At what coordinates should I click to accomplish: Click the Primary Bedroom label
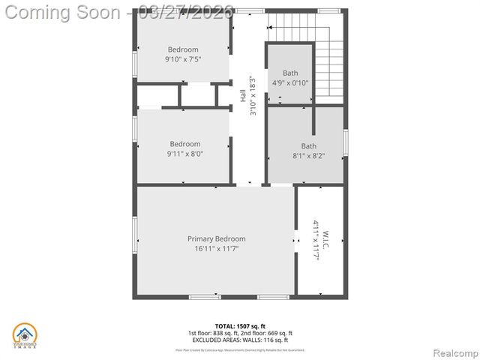pyautogui.click(x=216, y=238)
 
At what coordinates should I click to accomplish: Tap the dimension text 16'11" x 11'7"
pyautogui.click(x=216, y=249)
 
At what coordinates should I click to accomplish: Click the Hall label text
pyautogui.click(x=243, y=96)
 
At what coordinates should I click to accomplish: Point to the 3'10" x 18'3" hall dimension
pyautogui.click(x=253, y=96)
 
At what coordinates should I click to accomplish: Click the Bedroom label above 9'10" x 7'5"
pyautogui.click(x=183, y=49)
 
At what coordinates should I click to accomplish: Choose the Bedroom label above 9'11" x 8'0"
pyautogui.click(x=184, y=144)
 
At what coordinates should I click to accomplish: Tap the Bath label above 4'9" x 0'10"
pyautogui.click(x=289, y=73)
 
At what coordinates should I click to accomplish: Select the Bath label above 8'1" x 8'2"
pyautogui.click(x=309, y=146)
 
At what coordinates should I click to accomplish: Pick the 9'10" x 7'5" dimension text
pyautogui.click(x=183, y=59)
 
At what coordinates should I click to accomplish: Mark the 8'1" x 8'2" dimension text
pyautogui.click(x=309, y=156)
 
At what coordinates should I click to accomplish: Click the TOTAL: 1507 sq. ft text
pyautogui.click(x=240, y=325)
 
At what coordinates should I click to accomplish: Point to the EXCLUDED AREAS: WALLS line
pyautogui.click(x=240, y=340)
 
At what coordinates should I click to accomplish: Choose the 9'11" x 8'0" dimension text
pyautogui.click(x=184, y=154)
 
